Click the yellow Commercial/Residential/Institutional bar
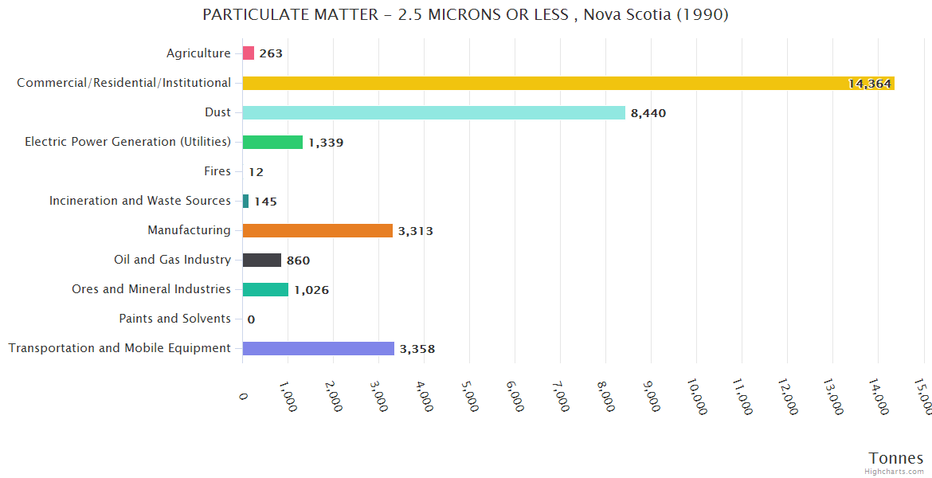click(x=568, y=83)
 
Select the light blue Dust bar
click(x=433, y=112)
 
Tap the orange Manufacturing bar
click(x=317, y=230)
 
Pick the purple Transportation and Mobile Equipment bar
click(x=318, y=348)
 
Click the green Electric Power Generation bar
click(x=272, y=142)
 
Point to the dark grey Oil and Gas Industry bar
click(x=261, y=260)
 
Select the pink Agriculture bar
click(x=248, y=53)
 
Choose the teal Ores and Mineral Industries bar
click(x=265, y=289)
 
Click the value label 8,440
click(x=648, y=113)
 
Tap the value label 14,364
click(x=869, y=84)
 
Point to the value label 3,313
click(x=415, y=231)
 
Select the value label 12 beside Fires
click(x=256, y=172)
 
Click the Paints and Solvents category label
click(x=174, y=319)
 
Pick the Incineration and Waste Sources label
click(x=139, y=201)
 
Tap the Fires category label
click(x=217, y=171)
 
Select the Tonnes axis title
click(x=895, y=458)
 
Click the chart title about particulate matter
click(x=465, y=15)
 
